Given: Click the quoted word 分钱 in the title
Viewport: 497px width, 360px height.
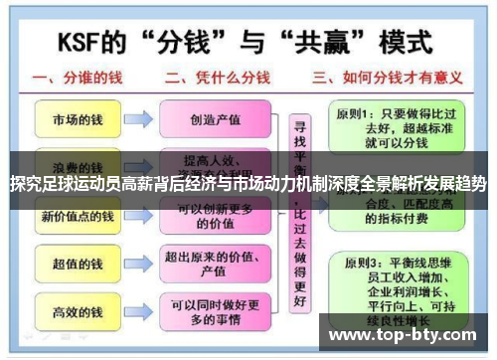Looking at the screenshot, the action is tap(208, 41).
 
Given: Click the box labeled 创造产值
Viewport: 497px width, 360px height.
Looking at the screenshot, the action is tap(215, 119).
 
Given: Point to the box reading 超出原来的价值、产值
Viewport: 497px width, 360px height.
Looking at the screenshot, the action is tap(215, 264).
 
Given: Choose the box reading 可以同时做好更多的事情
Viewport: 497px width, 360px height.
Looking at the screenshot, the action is tap(215, 311).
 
